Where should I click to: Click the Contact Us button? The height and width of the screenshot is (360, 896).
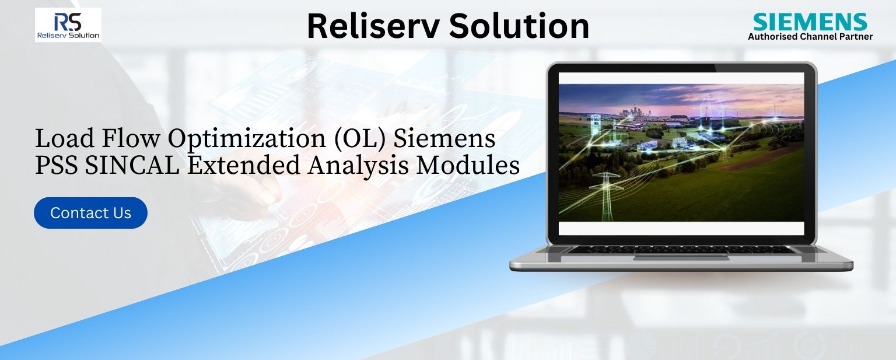pos(90,213)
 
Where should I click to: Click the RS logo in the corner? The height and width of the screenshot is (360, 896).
pos(68,25)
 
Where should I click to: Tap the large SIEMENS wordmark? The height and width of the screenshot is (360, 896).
pos(810,22)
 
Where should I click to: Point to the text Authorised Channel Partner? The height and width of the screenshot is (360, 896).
pos(810,36)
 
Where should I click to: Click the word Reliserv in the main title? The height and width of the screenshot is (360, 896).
pos(373,26)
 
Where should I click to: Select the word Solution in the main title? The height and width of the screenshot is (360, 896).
pos(519,26)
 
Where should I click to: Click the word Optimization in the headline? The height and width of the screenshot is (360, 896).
pos(246,139)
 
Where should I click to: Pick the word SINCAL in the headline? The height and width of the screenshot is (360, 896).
pos(132,165)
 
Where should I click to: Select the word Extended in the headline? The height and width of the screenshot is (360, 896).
pos(244,165)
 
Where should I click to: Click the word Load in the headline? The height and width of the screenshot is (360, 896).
pos(64,139)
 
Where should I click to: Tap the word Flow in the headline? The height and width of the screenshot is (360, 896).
pos(131,139)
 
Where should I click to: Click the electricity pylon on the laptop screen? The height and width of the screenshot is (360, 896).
pos(607,195)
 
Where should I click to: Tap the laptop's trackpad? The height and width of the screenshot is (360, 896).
pos(681,257)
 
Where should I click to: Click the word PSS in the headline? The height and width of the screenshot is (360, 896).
pos(56,165)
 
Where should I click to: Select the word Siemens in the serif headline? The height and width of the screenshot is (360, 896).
pos(444,139)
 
